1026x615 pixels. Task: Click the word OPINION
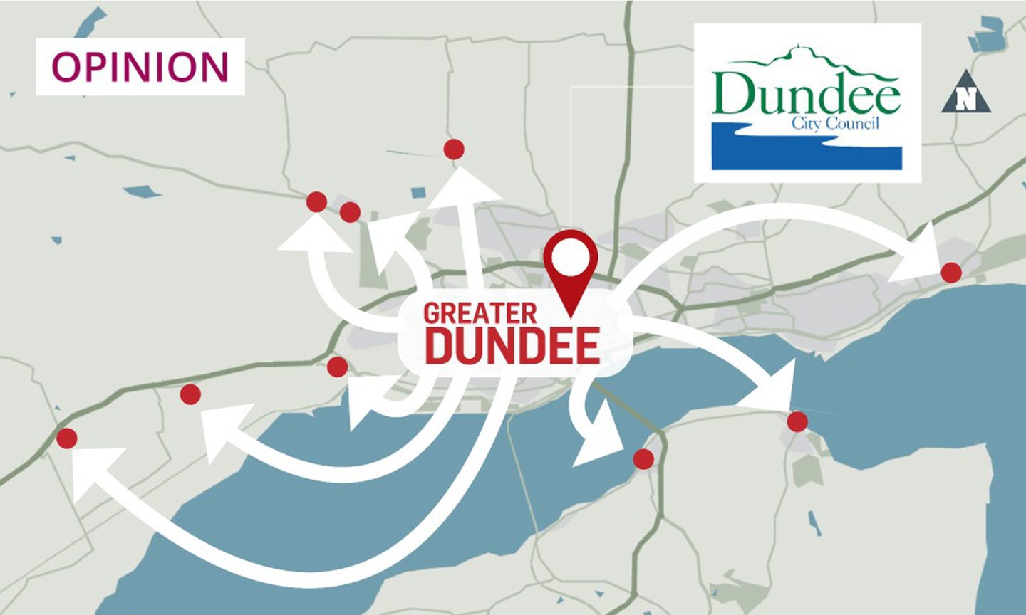click(140, 66)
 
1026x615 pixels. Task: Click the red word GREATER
click(480, 314)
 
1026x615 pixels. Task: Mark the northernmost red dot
click(454, 149)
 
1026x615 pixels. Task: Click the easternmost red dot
click(950, 272)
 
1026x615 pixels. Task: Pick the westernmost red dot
click(67, 438)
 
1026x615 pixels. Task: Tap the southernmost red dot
click(643, 459)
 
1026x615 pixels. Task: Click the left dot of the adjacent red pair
click(316, 202)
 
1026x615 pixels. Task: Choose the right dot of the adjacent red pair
click(350, 212)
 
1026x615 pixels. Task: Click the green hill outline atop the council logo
click(805, 60)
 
